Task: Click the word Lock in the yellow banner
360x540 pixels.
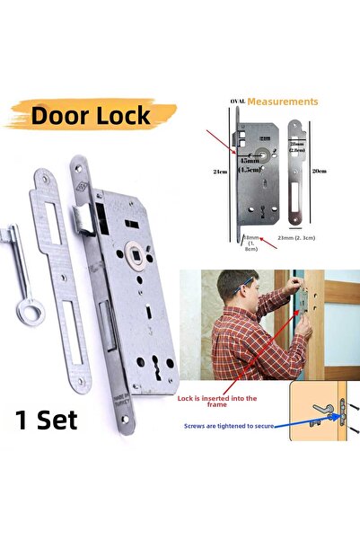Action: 126,116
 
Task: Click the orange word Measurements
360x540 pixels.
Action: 283,102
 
